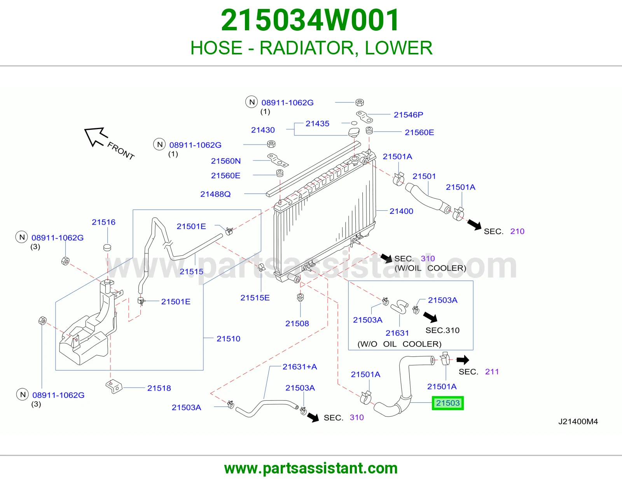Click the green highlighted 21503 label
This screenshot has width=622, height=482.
pyautogui.click(x=447, y=403)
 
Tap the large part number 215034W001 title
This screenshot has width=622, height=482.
pyautogui.click(x=310, y=20)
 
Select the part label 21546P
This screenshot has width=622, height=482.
pyautogui.click(x=408, y=115)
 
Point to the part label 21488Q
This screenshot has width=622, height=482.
pyautogui.click(x=215, y=194)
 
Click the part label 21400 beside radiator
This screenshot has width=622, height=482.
pyautogui.click(x=401, y=211)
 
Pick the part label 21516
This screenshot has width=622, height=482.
pyautogui.click(x=104, y=222)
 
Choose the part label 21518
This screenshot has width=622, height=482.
pyautogui.click(x=159, y=388)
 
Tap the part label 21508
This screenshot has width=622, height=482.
pyautogui.click(x=297, y=323)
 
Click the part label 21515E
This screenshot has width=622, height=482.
pyautogui.click(x=255, y=298)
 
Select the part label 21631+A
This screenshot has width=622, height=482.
pyautogui.click(x=300, y=367)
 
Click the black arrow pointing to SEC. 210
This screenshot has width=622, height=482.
pyautogui.click(x=474, y=225)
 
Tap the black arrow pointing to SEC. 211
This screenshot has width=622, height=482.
pyautogui.click(x=463, y=360)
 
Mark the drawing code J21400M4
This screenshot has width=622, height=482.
pyautogui.click(x=578, y=421)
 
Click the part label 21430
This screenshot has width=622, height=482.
pyautogui.click(x=263, y=130)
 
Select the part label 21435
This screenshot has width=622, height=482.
pyautogui.click(x=318, y=123)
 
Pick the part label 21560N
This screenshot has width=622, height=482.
pyautogui.click(x=225, y=161)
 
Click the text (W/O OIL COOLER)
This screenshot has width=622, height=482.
pyautogui.click(x=399, y=344)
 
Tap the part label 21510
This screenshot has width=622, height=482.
pyautogui.click(x=229, y=339)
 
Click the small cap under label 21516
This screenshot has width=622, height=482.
pyautogui.click(x=107, y=247)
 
